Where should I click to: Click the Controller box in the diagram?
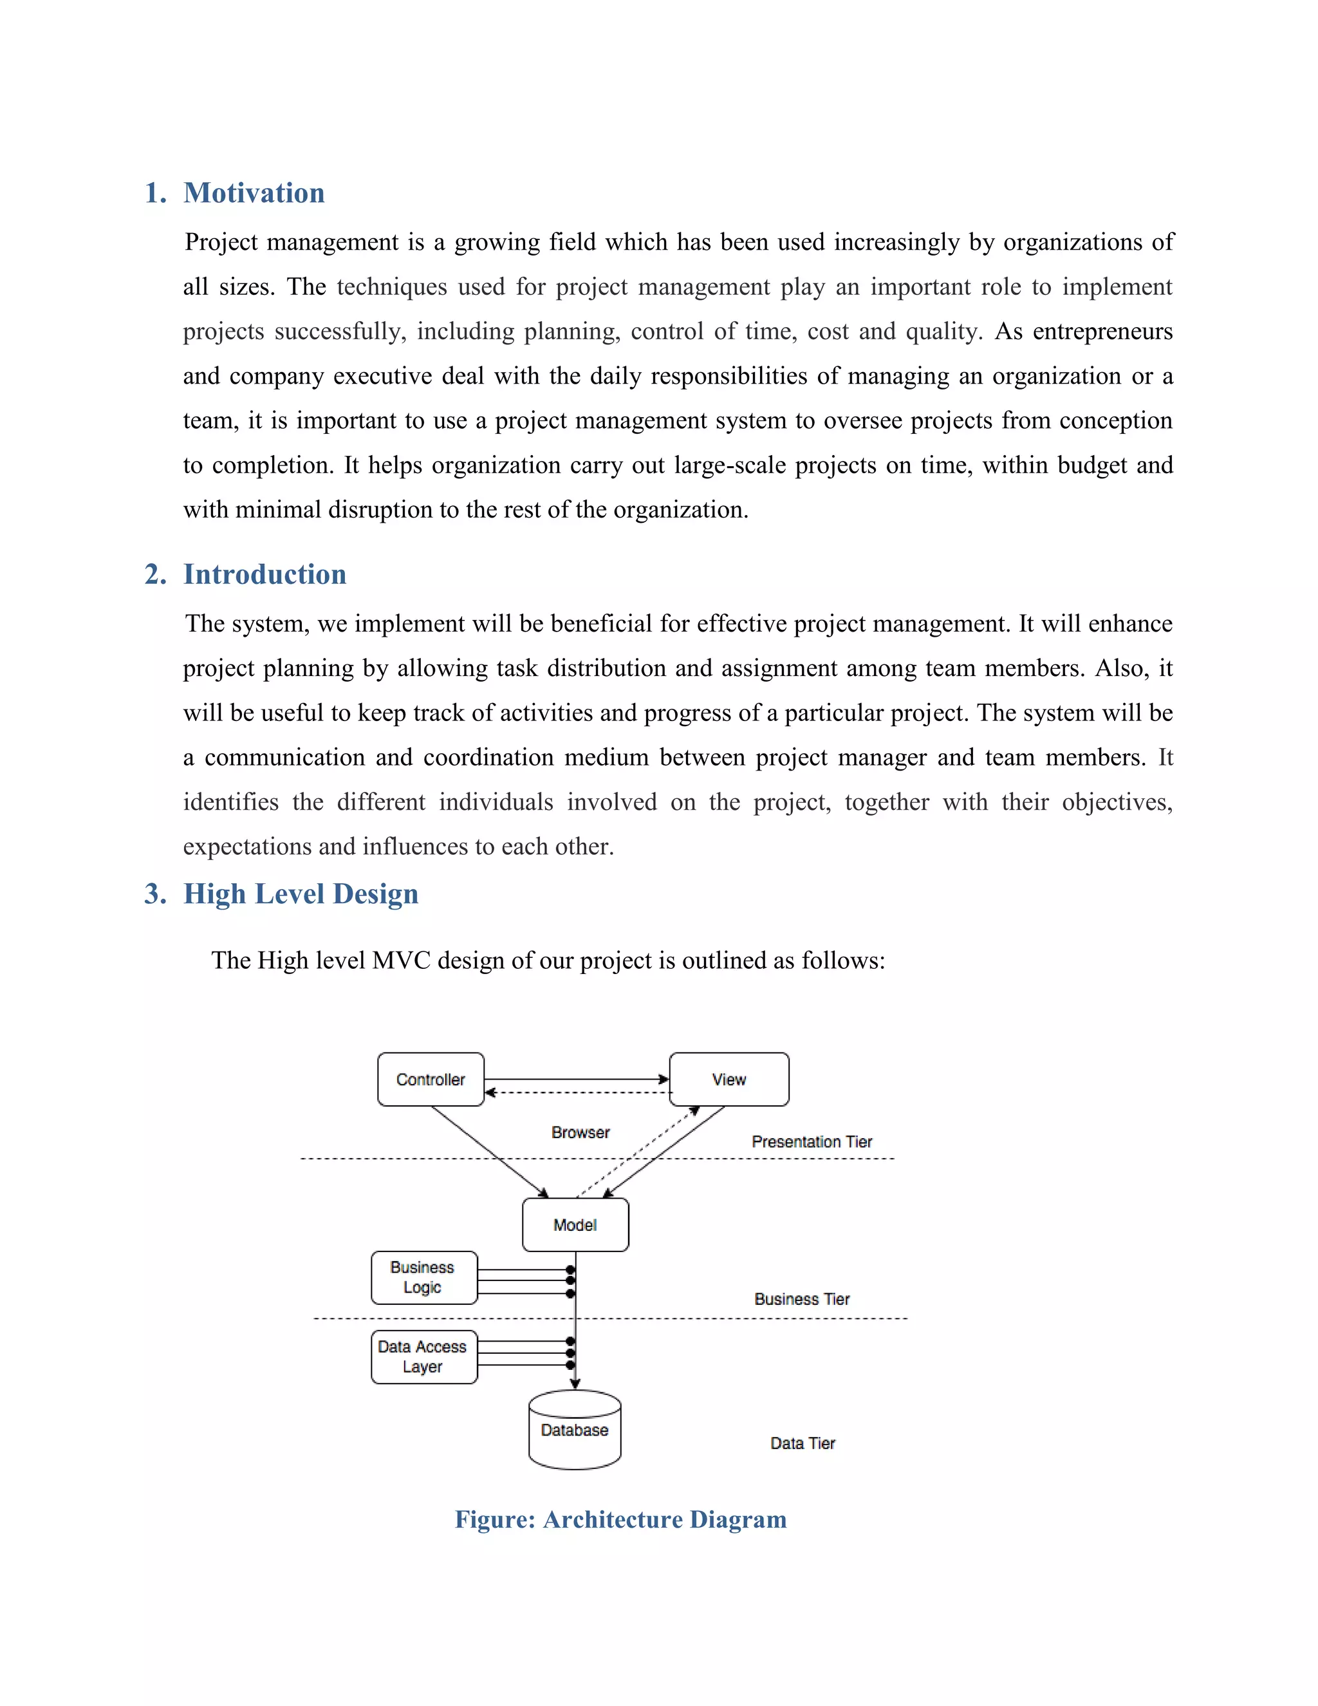431,1079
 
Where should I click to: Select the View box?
729,1079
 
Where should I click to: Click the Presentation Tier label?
812,1141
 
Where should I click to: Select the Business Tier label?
802,1299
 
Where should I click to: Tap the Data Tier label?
803,1443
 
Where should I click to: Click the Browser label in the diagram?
580,1132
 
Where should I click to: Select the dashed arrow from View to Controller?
578,1092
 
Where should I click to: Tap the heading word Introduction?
265,574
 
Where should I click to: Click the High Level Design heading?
301,894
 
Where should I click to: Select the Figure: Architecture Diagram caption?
621,1519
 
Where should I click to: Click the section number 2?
154,574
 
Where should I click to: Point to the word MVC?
402,960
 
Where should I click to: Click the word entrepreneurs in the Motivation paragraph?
1102,331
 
